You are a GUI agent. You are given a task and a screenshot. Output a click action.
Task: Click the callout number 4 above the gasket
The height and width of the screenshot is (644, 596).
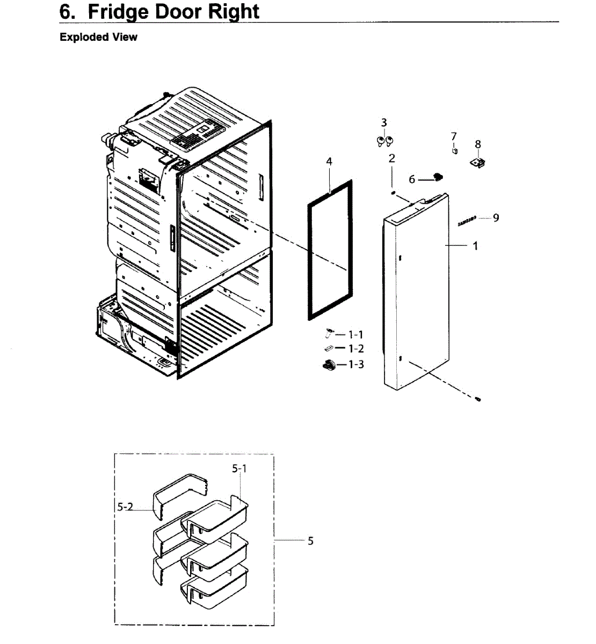(329, 162)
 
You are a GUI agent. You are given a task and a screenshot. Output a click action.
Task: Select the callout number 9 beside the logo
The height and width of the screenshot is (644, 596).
(496, 217)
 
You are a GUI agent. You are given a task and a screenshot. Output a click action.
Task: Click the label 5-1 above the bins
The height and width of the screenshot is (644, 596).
(239, 469)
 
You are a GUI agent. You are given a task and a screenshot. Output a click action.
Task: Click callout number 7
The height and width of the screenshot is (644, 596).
(454, 136)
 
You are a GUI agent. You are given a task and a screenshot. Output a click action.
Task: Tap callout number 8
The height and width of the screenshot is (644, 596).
(478, 144)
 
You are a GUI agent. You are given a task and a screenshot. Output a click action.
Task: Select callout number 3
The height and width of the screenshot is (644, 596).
(384, 123)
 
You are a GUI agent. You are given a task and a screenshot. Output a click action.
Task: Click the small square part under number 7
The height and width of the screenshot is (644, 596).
(455, 151)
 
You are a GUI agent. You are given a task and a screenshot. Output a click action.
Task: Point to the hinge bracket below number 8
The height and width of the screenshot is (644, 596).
(478, 162)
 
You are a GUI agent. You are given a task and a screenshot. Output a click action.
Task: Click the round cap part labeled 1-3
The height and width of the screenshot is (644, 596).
(328, 365)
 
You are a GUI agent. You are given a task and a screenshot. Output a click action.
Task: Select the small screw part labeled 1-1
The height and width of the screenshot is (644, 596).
(328, 334)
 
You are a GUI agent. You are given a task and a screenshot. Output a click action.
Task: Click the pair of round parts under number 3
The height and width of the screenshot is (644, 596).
(384, 141)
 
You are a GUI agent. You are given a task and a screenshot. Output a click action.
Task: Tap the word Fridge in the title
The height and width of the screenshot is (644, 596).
(120, 12)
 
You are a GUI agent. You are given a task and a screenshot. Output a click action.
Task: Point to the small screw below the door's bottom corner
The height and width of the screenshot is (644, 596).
(477, 399)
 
